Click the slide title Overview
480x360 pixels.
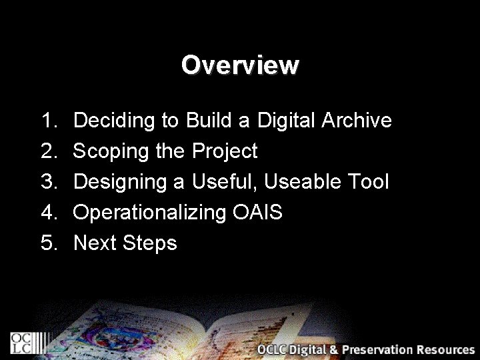point(240,65)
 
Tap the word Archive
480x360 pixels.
point(357,121)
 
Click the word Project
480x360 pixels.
point(225,152)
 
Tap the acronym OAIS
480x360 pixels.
point(257,213)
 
